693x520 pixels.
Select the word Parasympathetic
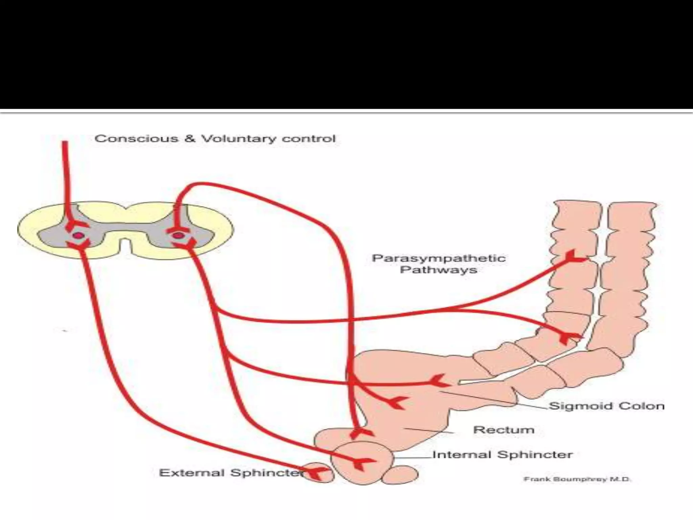439,258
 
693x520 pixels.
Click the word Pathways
439,270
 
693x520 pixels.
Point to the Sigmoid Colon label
606,406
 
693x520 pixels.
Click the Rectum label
504,430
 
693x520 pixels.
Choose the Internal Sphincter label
502,454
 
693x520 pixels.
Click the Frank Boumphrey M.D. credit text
577,479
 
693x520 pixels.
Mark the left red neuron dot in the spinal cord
78,235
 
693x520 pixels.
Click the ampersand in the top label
189,139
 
